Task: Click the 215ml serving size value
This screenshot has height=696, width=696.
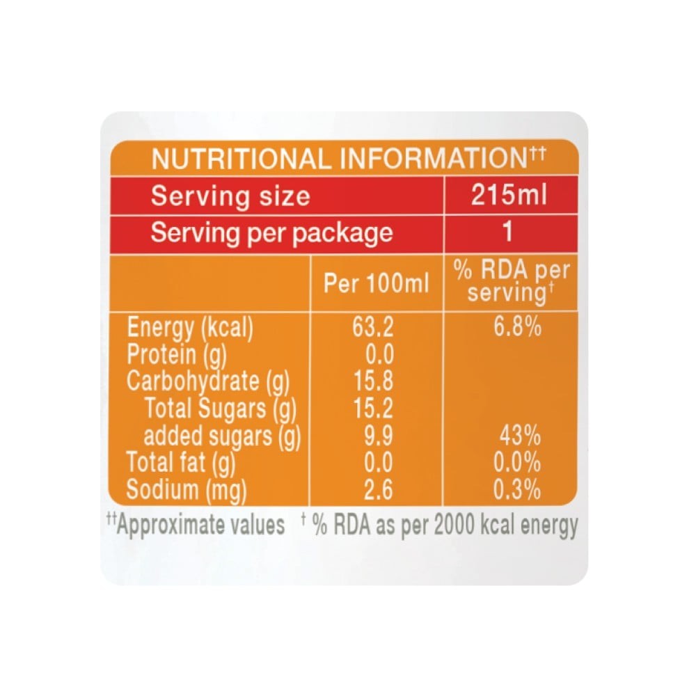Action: pos(509,195)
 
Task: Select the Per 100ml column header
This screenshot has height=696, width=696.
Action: pos(376,283)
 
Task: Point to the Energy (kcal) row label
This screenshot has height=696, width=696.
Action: pos(190,329)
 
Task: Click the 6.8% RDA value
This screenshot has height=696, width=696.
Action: pos(518,327)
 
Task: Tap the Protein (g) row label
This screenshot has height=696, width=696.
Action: pos(177,355)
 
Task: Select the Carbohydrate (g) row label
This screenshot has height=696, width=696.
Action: pos(207,381)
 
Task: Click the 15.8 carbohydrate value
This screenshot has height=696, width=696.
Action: pos(373,381)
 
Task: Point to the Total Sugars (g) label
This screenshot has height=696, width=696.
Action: pos(220,409)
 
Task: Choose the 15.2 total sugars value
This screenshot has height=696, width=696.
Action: pos(373,408)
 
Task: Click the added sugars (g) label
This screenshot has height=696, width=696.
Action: pos(222,436)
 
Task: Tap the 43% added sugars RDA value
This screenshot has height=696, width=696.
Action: pos(520,435)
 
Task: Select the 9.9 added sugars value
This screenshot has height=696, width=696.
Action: pos(378,436)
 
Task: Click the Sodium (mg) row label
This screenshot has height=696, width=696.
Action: pos(186,491)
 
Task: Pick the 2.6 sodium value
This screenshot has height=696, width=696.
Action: pos(378,490)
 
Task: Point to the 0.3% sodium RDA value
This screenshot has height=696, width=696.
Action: pos(517,490)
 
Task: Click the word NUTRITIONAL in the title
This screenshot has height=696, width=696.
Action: pos(242,159)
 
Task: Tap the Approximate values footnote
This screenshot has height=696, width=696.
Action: pos(196,525)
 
